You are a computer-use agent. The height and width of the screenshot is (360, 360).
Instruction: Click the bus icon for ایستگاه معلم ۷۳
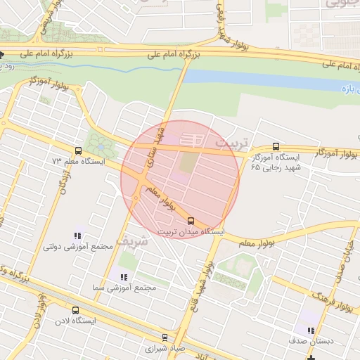pos(77,150)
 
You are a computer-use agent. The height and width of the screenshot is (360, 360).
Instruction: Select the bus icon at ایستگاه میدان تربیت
pos(191,221)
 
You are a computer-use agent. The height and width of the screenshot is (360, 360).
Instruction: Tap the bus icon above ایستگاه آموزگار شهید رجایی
pos(276,146)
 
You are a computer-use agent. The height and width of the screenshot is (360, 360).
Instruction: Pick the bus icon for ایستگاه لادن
pos(75,310)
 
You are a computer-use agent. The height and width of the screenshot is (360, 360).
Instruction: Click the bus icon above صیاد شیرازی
pos(165,337)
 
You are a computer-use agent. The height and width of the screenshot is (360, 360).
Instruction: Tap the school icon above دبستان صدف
pos(311,330)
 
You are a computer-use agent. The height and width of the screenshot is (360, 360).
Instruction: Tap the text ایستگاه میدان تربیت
pos(191,231)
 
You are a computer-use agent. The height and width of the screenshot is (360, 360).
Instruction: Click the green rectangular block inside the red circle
pos(188,162)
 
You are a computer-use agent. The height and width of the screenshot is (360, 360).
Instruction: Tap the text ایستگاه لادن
pos(75,320)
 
